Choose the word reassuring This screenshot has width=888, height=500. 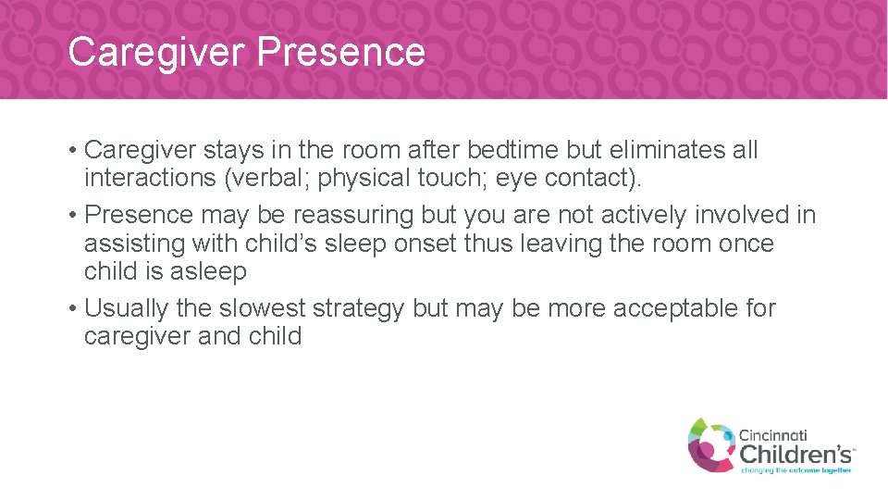click(354, 215)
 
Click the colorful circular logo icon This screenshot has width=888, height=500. click(709, 443)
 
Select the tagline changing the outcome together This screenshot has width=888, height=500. click(795, 469)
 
